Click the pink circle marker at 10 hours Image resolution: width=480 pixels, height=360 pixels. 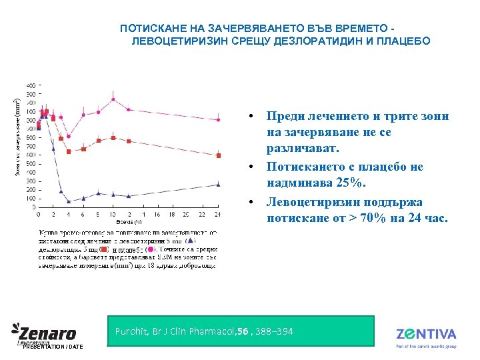(x=113, y=99)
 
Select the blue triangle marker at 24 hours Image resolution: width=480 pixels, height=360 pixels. (x=218, y=184)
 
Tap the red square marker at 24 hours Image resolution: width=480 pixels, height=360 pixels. (x=218, y=155)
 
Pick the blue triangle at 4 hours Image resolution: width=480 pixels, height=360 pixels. (x=69, y=201)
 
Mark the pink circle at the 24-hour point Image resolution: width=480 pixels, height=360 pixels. (x=218, y=120)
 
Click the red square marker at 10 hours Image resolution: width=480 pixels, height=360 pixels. (x=113, y=138)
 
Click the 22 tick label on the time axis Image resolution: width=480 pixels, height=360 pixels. (x=203, y=214)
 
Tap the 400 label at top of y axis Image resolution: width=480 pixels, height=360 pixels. (x=31, y=85)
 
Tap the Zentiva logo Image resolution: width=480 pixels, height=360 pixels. (x=426, y=335)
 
